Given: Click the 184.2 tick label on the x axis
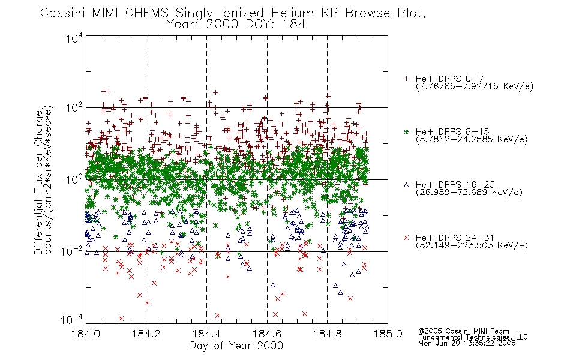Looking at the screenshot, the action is pos(146,334).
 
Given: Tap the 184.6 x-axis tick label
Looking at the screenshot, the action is pos(267,334).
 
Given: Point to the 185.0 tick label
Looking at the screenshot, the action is pos(388,334).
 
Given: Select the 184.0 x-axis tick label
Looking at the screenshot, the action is pos(86,334).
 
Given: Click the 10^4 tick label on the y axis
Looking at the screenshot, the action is pos(74,38).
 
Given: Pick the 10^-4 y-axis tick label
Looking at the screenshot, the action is pos(72,319).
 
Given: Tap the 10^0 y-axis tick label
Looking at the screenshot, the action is pos(74,179).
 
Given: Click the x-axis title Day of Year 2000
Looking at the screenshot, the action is pos(236,346).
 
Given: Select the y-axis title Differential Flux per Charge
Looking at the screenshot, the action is pos(38,182).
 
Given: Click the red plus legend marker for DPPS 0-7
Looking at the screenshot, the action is pos(406,79).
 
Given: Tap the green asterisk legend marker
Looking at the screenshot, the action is pos(406,131).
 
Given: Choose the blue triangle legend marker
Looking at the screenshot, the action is pos(406,185).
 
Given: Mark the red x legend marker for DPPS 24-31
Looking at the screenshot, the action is pos(406,238).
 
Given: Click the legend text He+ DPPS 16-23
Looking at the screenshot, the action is pos(455,185).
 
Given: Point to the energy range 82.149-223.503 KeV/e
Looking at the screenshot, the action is pos(472,245).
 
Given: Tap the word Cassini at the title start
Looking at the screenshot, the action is pos(62,13).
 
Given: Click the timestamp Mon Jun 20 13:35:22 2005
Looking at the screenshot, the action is pos(467,343).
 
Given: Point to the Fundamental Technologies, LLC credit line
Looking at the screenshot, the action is pos(473,337).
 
